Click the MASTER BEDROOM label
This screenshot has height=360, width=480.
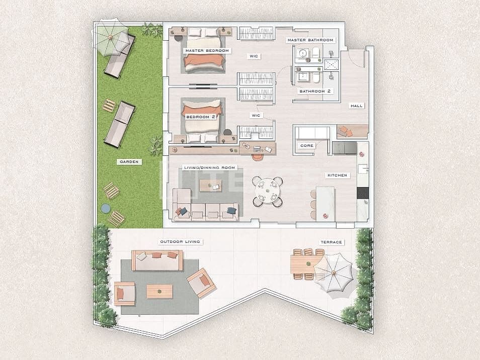(207, 51)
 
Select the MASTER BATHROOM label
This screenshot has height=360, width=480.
(310, 40)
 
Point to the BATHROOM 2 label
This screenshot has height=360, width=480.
(315, 92)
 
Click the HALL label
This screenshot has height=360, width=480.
(356, 106)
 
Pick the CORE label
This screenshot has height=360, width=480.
(307, 146)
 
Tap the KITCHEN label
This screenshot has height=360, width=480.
(337, 175)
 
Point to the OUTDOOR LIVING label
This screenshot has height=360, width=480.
(180, 242)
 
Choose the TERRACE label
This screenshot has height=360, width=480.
(331, 242)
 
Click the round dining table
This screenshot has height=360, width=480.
(267, 192)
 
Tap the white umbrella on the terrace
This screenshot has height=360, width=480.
(333, 272)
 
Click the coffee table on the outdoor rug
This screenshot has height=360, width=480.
(159, 291)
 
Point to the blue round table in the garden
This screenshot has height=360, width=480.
(105, 208)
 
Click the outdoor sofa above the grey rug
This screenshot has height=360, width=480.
(157, 260)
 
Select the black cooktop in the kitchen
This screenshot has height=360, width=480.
(363, 193)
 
